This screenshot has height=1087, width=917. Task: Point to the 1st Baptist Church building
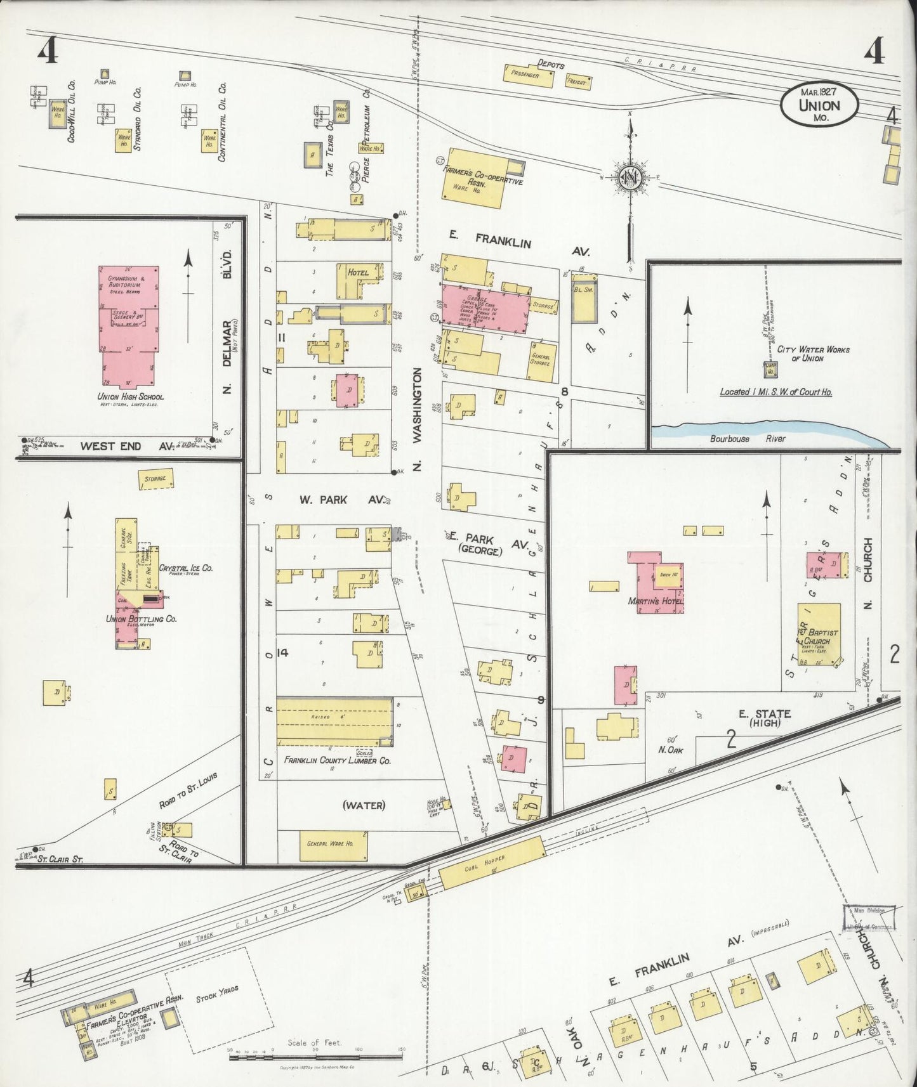[x=819, y=633]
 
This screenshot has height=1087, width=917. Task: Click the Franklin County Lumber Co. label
[x=338, y=760]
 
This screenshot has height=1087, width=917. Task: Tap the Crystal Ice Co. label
[x=185, y=568]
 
